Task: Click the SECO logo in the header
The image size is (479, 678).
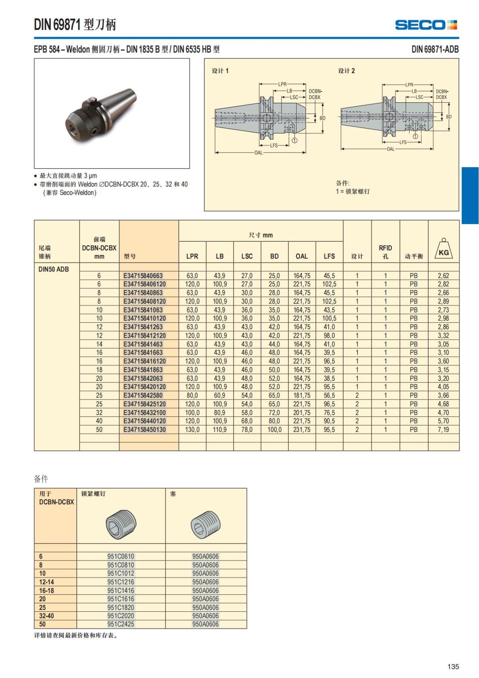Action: click(x=426, y=25)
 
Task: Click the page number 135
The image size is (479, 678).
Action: click(x=453, y=666)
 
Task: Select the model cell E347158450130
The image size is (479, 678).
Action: click(x=144, y=429)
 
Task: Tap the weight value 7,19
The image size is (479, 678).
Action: click(x=443, y=429)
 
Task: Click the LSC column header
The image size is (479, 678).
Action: click(x=247, y=256)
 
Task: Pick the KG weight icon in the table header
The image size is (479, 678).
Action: click(x=443, y=250)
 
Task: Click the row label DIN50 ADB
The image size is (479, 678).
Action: click(x=53, y=269)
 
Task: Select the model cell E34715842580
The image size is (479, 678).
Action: click(x=143, y=395)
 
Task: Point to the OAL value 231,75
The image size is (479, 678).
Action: click(x=302, y=429)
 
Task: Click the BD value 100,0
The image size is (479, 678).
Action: click(x=274, y=429)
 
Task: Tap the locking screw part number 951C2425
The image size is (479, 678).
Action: click(x=121, y=624)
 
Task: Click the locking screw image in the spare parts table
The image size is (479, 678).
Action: click(x=121, y=524)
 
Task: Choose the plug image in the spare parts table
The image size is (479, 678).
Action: click(x=206, y=524)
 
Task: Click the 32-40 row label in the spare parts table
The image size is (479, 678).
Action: click(x=46, y=616)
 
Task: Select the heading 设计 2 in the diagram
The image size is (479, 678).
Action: click(x=346, y=71)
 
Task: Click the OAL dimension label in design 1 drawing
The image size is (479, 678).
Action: click(x=259, y=153)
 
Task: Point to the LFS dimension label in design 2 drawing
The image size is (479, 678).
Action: click(x=403, y=142)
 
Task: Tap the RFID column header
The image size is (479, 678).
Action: click(x=385, y=252)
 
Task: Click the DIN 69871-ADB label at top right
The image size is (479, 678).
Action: click(x=435, y=49)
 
